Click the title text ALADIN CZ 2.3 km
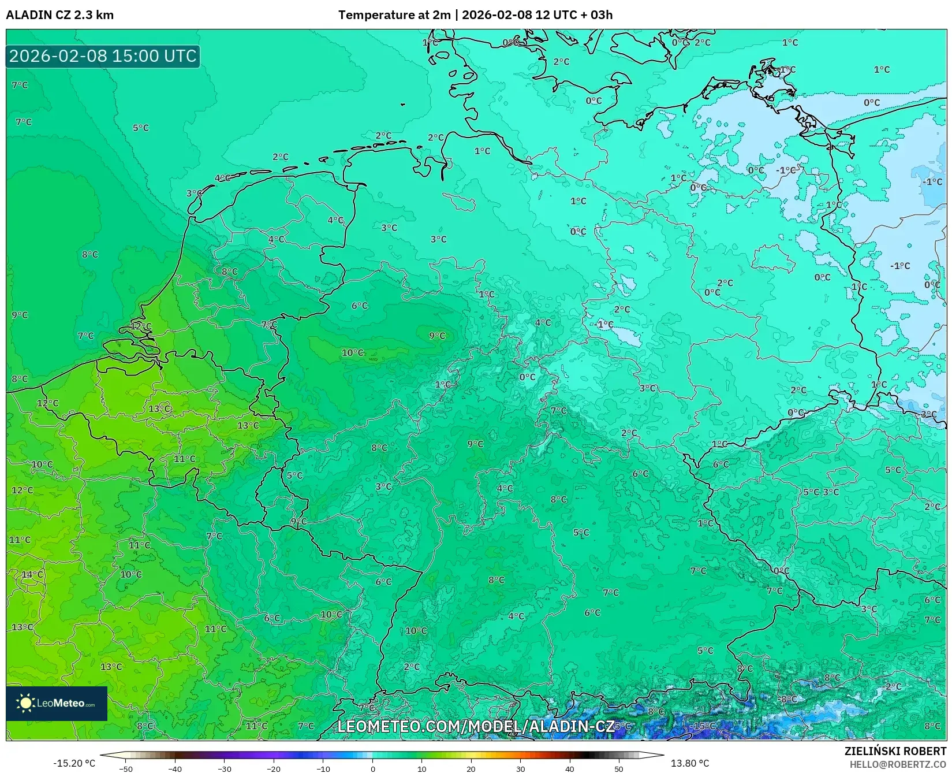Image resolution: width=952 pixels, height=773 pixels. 60,15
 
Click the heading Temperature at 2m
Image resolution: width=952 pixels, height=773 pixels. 394,15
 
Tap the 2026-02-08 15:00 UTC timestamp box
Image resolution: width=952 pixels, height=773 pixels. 103,56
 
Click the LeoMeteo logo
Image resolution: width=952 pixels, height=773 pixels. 57,703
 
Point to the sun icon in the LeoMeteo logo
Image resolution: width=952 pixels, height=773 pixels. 25,703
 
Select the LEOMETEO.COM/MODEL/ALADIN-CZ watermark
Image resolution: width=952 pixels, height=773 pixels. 476,726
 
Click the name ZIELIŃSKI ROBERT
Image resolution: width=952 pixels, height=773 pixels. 895,751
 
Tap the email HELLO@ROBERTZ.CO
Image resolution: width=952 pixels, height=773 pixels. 898,764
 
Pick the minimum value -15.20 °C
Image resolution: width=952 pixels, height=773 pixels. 74,763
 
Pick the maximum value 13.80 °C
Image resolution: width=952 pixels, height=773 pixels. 689,763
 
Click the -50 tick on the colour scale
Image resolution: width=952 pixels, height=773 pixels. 125,769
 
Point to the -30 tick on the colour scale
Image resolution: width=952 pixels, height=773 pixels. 224,769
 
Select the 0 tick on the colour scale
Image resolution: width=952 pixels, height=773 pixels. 373,769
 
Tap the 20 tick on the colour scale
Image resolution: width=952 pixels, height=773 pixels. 471,769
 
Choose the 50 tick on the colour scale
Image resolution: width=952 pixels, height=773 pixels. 619,769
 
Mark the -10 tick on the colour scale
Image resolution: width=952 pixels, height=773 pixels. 323,769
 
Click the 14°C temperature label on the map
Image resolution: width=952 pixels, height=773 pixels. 32,574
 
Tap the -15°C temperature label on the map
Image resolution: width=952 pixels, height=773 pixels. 704,726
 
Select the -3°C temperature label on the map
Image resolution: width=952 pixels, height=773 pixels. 927,414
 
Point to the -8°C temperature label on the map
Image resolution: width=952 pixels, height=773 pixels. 787,699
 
